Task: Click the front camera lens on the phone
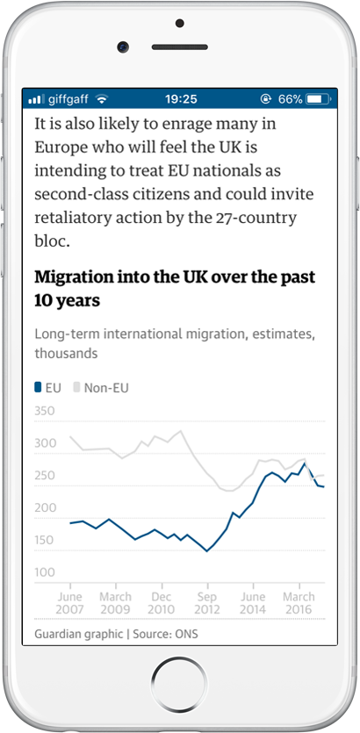click(x=123, y=47)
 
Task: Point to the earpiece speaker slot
click(x=179, y=47)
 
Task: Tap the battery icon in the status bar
click(x=319, y=99)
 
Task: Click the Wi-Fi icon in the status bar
click(x=102, y=99)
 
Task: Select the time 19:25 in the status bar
click(x=181, y=99)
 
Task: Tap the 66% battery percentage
click(x=291, y=99)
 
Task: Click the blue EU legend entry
click(x=47, y=387)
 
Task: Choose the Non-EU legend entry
click(x=101, y=387)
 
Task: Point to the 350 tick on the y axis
click(x=45, y=412)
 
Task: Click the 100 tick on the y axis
click(x=45, y=572)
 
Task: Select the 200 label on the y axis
click(x=45, y=507)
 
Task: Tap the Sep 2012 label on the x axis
click(x=207, y=603)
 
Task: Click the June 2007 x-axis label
click(x=70, y=603)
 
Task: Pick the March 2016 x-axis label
click(x=299, y=603)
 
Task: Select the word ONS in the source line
click(x=186, y=635)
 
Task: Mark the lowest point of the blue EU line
click(x=206, y=551)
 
